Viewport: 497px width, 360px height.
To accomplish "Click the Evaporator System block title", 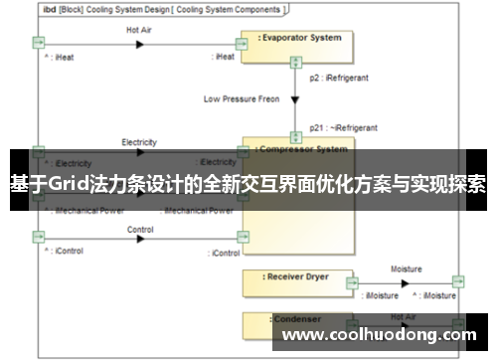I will coord(301,38).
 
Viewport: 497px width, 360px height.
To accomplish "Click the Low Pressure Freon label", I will coord(243,98).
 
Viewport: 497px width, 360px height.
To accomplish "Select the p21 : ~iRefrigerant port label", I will coord(343,128).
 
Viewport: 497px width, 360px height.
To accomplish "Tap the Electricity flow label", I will coord(139,142).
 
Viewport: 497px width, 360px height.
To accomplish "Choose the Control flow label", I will coord(140,230).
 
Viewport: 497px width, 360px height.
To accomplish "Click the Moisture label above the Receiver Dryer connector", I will coord(406,269).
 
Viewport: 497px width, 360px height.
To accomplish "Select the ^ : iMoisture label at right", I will coord(442,295).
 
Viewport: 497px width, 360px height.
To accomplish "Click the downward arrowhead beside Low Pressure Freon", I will coord(295,98).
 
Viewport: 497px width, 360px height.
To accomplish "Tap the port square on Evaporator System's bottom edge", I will coord(295,62).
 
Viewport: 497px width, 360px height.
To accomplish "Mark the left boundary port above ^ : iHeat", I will coord(38,42).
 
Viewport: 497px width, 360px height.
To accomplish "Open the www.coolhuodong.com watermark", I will coord(379,335).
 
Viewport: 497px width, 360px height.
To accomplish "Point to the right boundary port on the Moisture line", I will coord(457,281).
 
